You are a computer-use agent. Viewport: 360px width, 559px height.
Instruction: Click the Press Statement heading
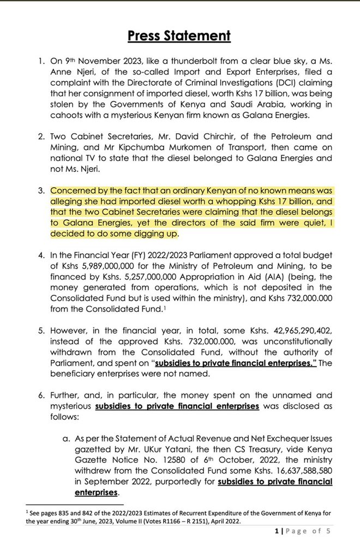tap(179, 36)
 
